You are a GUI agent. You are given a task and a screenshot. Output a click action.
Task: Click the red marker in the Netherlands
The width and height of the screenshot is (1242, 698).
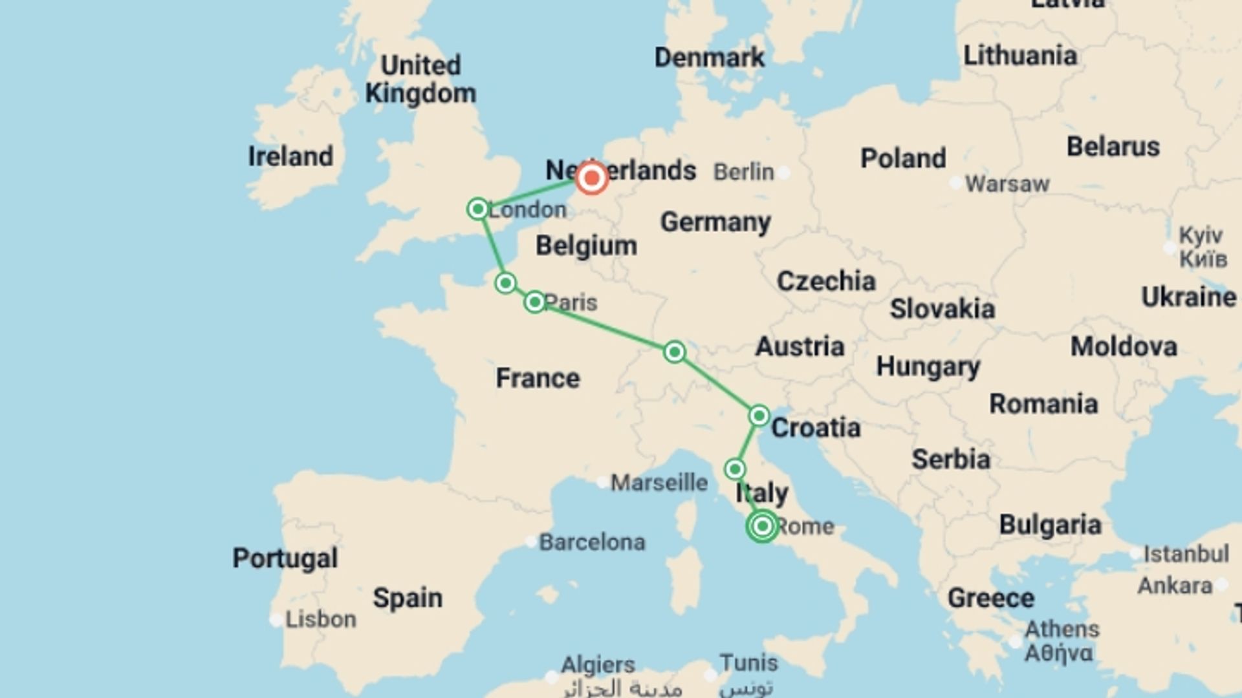[x=591, y=178]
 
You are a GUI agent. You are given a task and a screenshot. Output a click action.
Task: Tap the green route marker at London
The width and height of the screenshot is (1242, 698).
[x=478, y=209]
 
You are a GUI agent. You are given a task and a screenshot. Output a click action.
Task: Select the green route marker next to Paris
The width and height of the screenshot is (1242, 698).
[x=534, y=302]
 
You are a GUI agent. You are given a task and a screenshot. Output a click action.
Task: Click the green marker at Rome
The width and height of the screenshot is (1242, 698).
[x=762, y=526]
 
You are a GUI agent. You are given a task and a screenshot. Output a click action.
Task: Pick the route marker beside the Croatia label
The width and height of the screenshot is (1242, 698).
[x=759, y=415]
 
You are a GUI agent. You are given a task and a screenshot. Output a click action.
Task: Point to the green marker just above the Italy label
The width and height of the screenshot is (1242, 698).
[x=735, y=469]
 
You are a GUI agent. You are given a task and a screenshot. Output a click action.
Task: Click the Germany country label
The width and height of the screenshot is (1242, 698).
[x=715, y=222]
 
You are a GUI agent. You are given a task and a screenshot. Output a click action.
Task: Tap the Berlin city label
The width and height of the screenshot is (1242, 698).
[x=743, y=172]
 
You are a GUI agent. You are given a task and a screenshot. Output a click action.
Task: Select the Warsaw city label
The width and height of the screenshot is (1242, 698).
[x=1007, y=184]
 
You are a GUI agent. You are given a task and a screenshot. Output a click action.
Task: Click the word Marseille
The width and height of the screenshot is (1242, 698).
[x=659, y=483]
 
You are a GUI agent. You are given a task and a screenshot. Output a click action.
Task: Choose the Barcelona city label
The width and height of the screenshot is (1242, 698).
[x=592, y=542]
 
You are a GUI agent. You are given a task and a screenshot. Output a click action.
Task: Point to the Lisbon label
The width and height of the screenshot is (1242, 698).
[x=321, y=619]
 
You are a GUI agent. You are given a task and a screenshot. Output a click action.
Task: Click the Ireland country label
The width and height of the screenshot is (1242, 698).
[x=290, y=156]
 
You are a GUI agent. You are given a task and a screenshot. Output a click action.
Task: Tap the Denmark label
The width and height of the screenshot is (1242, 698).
[x=709, y=58]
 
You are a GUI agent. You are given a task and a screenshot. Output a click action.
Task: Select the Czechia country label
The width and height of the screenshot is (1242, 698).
[x=826, y=281]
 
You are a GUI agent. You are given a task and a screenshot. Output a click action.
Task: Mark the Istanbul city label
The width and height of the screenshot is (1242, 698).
[x=1186, y=554]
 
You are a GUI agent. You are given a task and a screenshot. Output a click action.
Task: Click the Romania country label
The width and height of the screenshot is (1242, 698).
[x=1043, y=404]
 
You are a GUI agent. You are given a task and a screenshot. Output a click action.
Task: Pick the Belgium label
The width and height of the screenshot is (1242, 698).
[x=586, y=246]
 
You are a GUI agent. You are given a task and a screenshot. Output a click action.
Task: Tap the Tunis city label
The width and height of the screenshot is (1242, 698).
[x=748, y=663]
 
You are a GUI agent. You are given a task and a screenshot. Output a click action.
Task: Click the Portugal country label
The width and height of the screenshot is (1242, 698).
[x=285, y=558]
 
